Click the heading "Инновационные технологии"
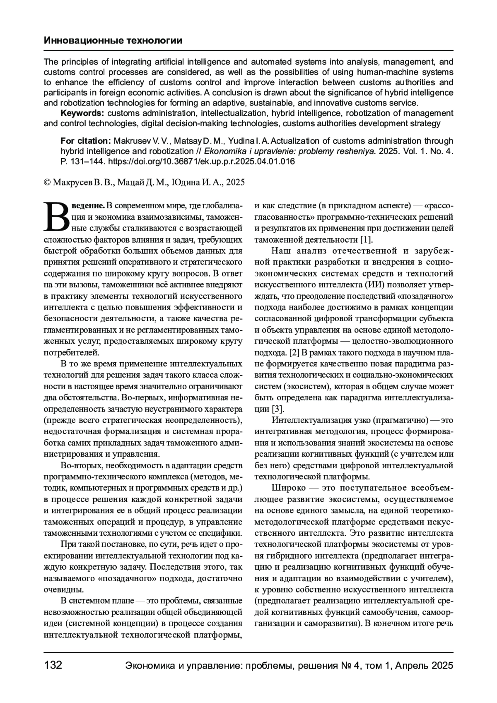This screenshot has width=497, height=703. click(113, 41)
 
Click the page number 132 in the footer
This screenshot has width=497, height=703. click(53, 665)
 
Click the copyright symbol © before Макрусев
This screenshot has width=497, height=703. click(47, 182)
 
